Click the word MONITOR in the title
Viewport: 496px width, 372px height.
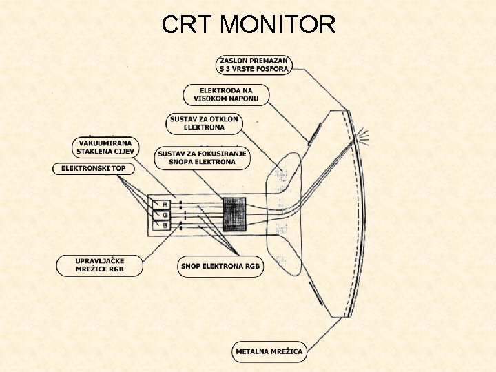coord(278,25)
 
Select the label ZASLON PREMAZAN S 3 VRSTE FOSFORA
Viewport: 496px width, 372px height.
coord(255,63)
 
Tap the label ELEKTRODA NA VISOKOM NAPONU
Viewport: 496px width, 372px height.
coord(227,95)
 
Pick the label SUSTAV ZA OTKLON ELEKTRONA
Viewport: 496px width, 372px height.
coord(204,123)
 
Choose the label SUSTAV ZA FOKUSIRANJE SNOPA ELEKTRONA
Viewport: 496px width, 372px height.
coord(202,158)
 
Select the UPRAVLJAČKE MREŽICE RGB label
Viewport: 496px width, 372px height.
coord(100,265)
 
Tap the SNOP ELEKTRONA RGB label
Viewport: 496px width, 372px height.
coord(220,266)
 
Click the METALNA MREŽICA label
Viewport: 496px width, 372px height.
coord(269,351)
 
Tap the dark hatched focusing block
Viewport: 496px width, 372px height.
coord(234,214)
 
